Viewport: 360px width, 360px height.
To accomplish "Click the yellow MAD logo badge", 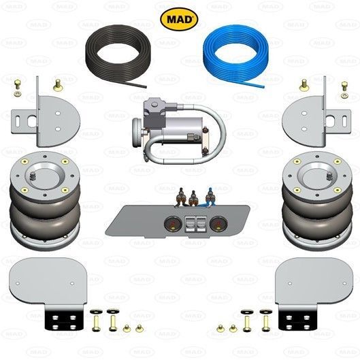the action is [179, 19].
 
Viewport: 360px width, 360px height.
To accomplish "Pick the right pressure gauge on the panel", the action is [218, 223].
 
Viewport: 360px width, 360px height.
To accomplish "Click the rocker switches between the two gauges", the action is [196, 224].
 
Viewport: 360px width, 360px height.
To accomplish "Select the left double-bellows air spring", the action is [45, 200].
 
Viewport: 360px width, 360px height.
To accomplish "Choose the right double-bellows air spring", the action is [317, 200].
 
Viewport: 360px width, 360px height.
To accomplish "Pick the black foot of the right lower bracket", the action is [296, 318].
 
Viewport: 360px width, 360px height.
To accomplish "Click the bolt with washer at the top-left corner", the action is [17, 88].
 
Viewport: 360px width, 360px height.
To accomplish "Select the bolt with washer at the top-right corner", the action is [344, 90].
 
